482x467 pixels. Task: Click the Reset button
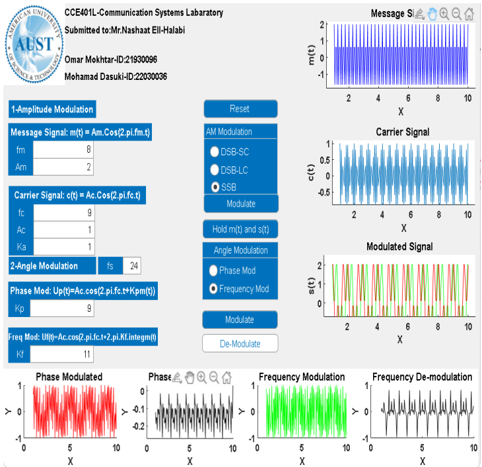240,109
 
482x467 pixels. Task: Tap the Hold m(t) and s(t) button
240,229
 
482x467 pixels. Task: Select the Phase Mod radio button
213,271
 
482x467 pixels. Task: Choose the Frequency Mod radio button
213,289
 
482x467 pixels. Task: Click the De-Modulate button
240,343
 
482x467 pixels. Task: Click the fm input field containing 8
63,150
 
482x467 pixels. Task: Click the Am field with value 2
63,167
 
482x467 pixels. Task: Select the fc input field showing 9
63,213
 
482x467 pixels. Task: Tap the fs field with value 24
131,266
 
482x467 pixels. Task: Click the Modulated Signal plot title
399,246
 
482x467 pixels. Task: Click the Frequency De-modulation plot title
422,377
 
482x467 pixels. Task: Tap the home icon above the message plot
469,13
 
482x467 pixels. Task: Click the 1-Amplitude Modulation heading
52,110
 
